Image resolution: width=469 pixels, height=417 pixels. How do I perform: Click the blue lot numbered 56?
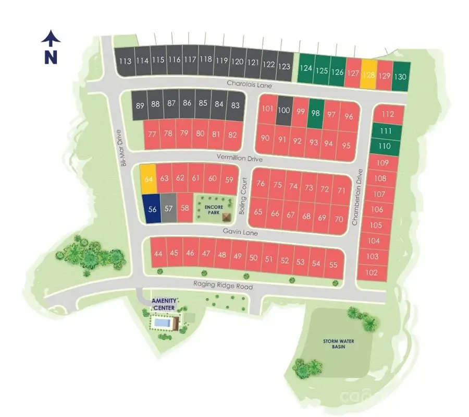[x=152, y=209]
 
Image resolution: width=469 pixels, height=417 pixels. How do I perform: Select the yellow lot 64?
[x=149, y=179]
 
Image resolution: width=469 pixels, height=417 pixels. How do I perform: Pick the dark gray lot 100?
[x=284, y=110]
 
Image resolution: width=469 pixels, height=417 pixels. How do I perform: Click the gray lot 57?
[x=168, y=209]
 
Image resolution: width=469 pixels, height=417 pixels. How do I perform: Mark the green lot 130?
[x=401, y=76]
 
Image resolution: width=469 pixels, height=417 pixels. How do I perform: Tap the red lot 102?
[x=372, y=272]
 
